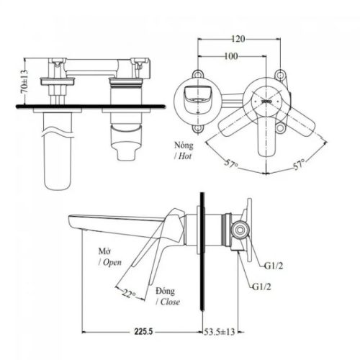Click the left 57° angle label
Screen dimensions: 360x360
[x=230, y=165]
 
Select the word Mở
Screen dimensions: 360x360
[x=106, y=251]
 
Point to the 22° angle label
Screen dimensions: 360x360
[x=127, y=294]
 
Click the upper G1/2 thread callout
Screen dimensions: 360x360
[x=275, y=265]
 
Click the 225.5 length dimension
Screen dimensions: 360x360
[x=143, y=334]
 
